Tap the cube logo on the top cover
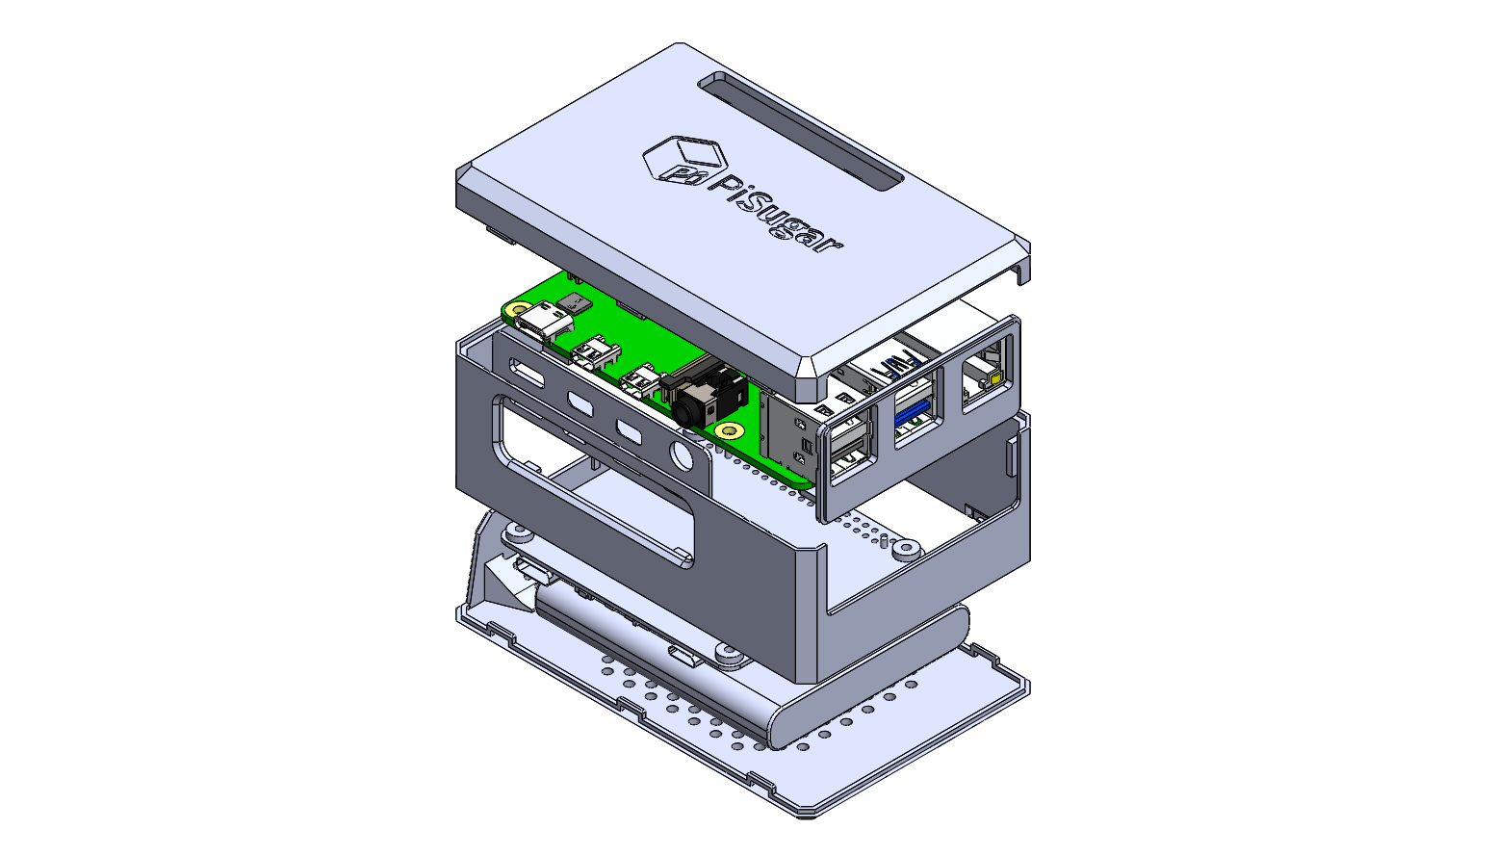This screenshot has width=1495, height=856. tap(684, 159)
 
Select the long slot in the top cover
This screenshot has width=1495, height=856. tap(801, 132)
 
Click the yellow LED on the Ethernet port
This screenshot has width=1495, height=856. tap(996, 379)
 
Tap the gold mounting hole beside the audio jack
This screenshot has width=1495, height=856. tap(729, 430)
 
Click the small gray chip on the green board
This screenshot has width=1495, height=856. tap(575, 303)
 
